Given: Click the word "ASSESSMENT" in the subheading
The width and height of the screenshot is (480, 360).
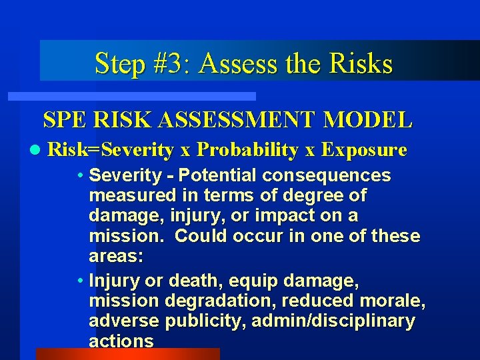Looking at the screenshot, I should pos(249,120).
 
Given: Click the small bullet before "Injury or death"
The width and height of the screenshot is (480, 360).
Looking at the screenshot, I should pos(80,281).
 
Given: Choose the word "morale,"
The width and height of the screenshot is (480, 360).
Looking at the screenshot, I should pos(392,301).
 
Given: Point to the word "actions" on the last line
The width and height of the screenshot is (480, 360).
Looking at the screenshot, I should pos(121,341).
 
